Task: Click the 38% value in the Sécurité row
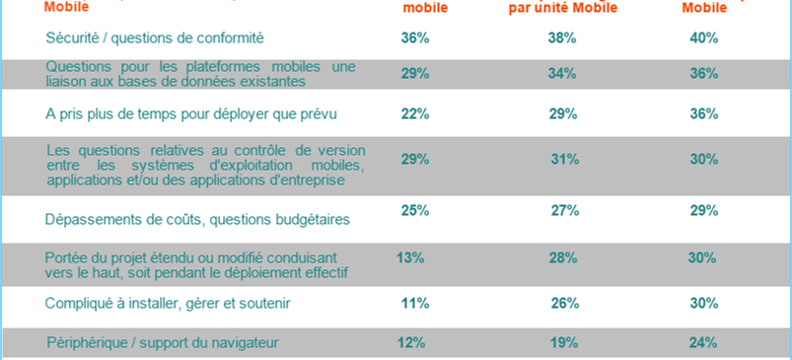(x=562, y=37)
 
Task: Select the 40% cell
(x=704, y=37)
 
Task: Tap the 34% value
(x=562, y=74)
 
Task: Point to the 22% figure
(x=415, y=113)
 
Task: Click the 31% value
(x=563, y=159)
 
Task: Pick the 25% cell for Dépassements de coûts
(x=415, y=210)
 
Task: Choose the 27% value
(x=563, y=210)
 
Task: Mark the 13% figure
(x=410, y=257)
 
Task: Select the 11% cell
(x=415, y=303)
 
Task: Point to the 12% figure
(x=412, y=342)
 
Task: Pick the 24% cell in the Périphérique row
(x=704, y=342)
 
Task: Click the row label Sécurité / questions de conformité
(x=156, y=37)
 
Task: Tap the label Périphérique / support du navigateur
(x=163, y=343)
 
